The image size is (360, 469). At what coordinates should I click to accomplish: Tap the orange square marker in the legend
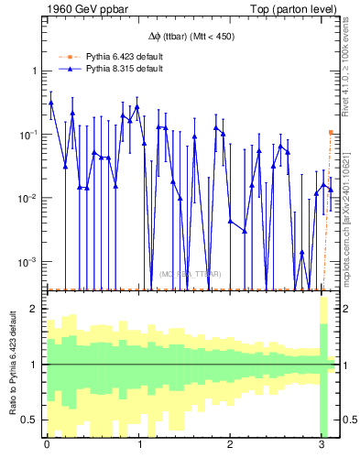coord(70,56)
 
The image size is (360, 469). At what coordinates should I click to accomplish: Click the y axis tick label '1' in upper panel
coord(34,71)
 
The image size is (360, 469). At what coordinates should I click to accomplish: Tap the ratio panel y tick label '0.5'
coord(30,420)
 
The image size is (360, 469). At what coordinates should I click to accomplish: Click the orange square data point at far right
coord(331,132)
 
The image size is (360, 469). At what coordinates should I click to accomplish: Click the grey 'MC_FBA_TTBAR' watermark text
coord(191,274)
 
